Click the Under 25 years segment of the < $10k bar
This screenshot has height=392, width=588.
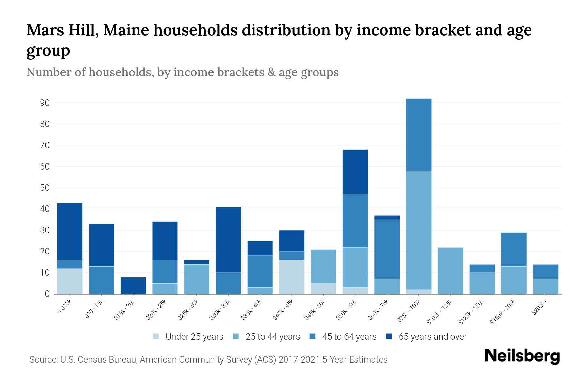(x=70, y=281)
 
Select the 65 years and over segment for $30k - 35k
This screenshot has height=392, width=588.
(x=228, y=240)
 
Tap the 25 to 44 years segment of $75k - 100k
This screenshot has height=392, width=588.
(x=418, y=230)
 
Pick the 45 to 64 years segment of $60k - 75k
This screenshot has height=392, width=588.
(x=387, y=249)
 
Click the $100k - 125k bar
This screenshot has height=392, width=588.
(x=450, y=270)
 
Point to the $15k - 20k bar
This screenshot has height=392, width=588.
(x=133, y=285)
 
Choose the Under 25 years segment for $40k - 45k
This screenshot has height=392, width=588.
(x=292, y=277)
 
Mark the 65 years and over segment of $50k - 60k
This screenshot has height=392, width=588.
(x=355, y=172)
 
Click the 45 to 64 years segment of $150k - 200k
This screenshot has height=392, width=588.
(x=514, y=249)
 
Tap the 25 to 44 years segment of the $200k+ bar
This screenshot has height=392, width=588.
(x=545, y=286)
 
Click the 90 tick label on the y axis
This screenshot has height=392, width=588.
(x=45, y=103)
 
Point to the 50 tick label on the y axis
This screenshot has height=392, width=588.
(x=45, y=188)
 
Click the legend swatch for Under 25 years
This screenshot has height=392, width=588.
(x=156, y=336)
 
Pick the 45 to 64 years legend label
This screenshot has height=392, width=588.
(x=349, y=337)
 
